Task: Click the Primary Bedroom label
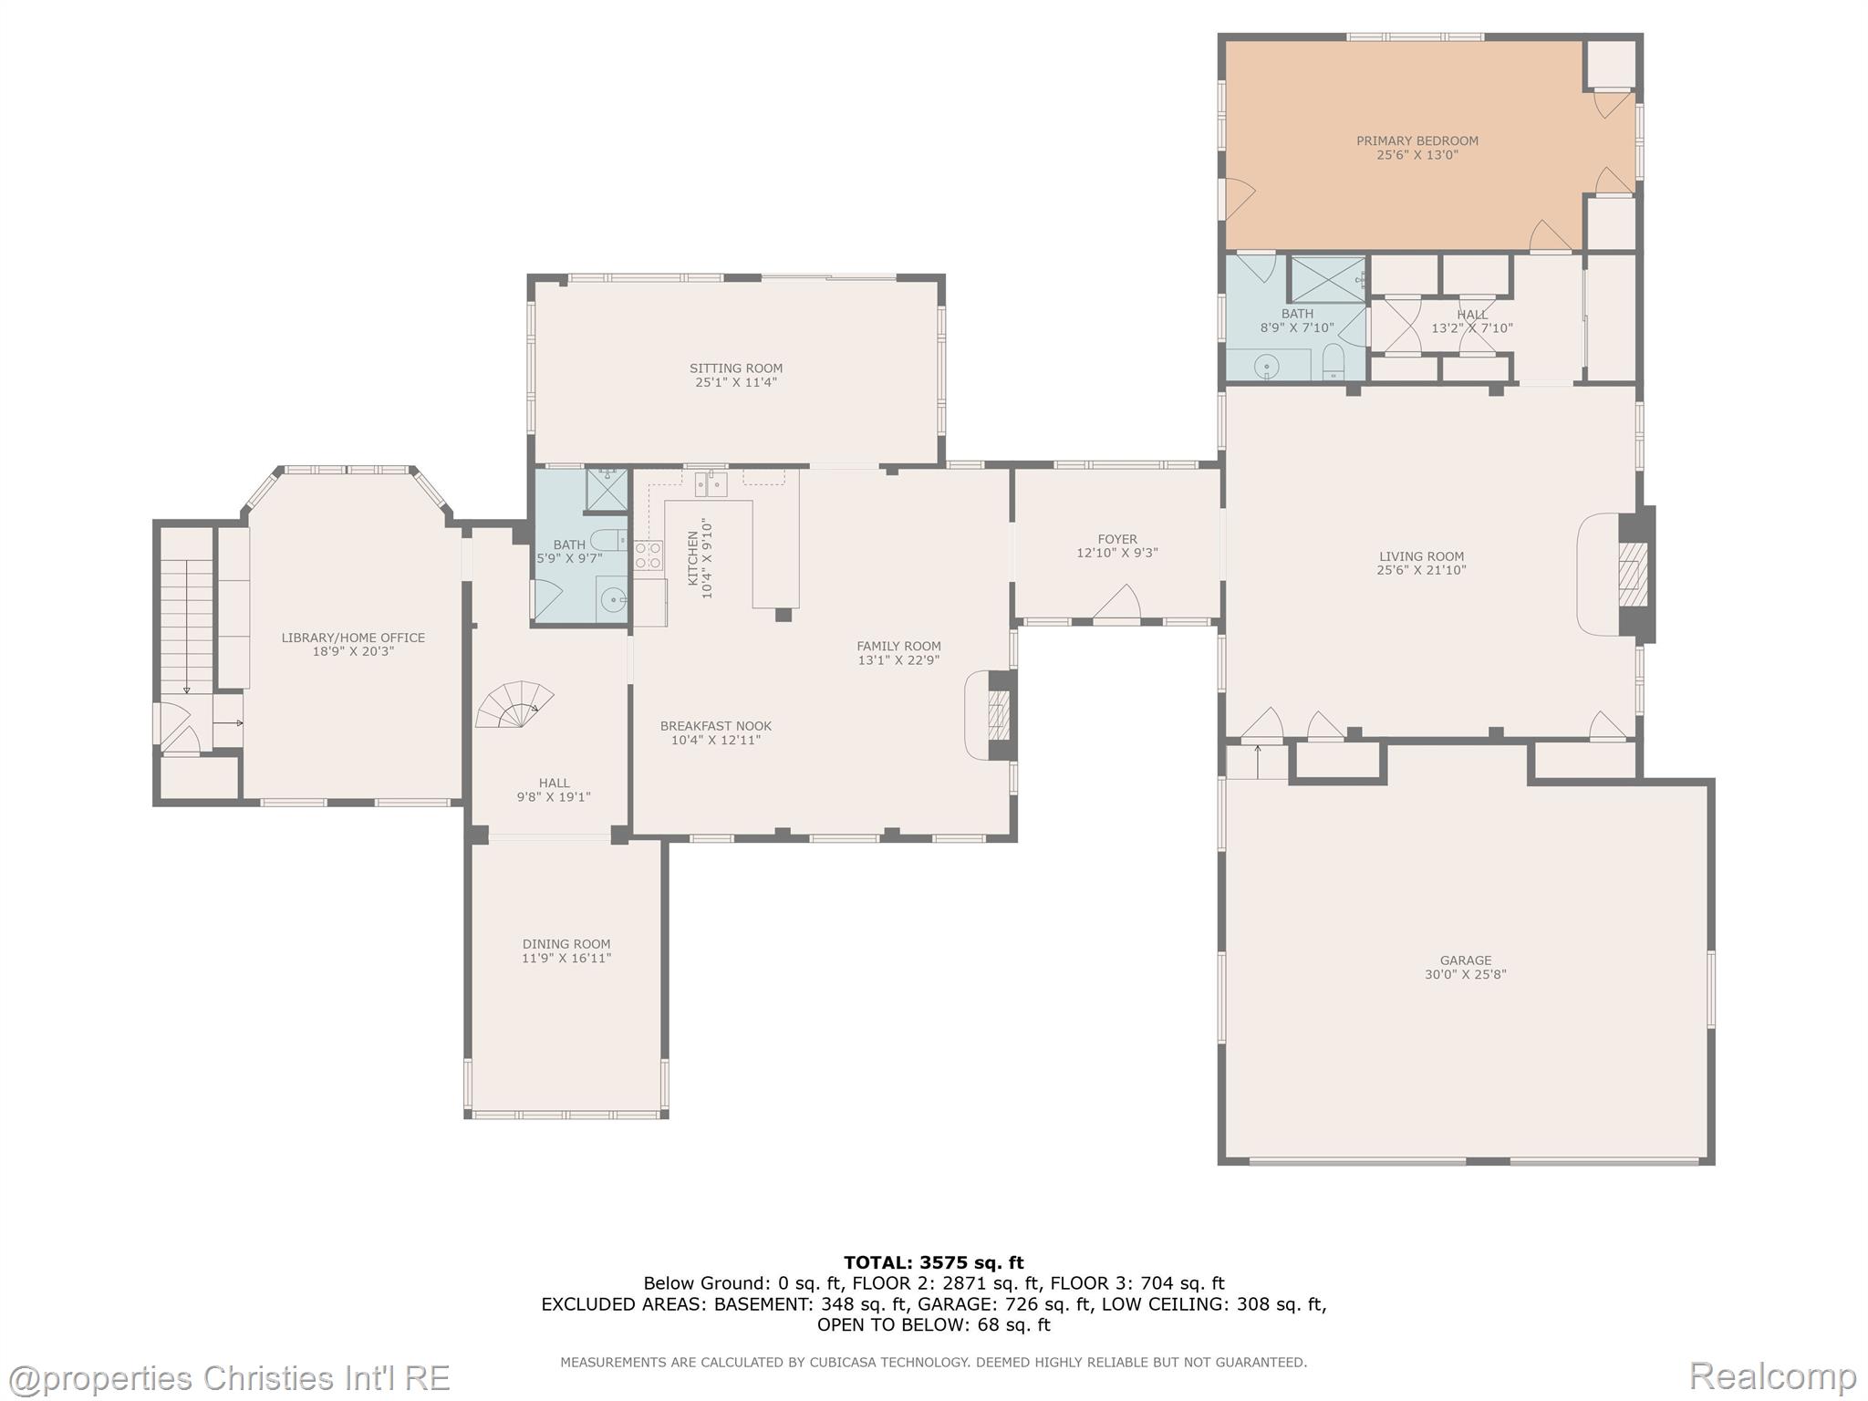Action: (1417, 140)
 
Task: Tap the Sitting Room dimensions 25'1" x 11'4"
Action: (736, 382)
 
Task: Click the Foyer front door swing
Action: (1117, 604)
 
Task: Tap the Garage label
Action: (1466, 960)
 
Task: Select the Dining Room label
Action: (566, 944)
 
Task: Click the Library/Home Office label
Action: (353, 638)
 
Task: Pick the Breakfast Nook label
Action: (716, 726)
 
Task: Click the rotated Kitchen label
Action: (692, 558)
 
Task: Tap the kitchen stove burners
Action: (648, 555)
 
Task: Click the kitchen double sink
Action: (711, 483)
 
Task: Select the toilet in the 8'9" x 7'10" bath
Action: (1334, 361)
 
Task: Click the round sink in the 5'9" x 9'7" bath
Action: (613, 600)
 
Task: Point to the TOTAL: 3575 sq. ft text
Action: (934, 1262)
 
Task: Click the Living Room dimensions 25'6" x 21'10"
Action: (1421, 570)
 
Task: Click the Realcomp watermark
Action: (1772, 1375)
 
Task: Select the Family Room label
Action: (898, 646)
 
